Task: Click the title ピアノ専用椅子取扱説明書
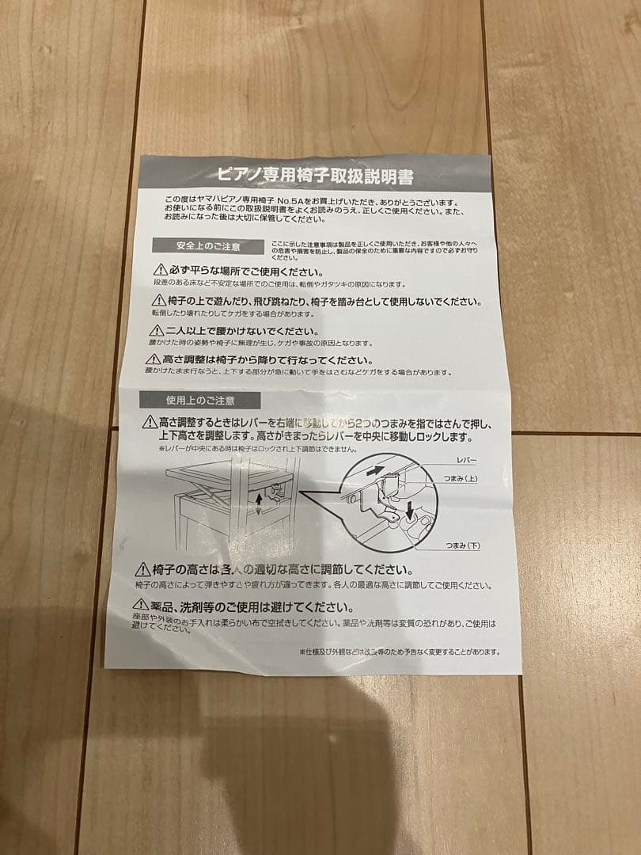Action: (315, 175)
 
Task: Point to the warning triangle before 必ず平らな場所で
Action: (161, 271)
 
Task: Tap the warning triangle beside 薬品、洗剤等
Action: (142, 606)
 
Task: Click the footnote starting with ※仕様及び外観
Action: (400, 652)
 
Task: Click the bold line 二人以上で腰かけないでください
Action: (242, 331)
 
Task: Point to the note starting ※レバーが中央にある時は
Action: (245, 449)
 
